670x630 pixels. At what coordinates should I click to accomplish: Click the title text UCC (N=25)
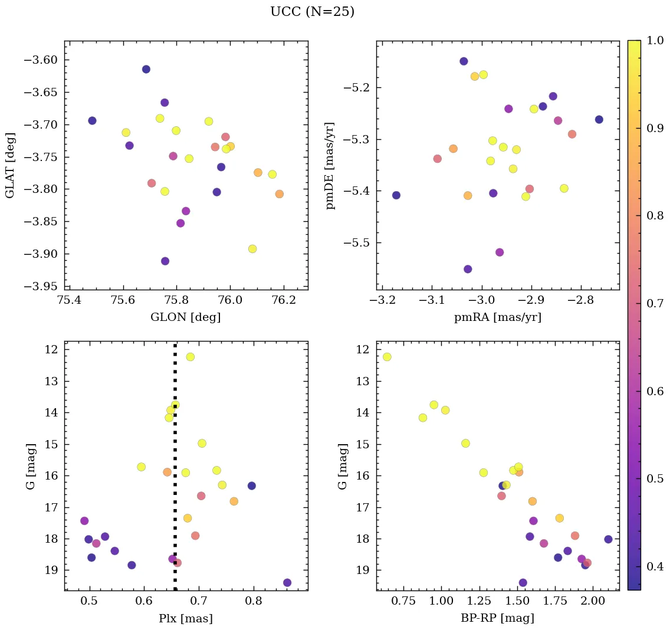(x=312, y=12)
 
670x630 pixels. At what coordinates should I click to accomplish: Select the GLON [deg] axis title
(x=186, y=317)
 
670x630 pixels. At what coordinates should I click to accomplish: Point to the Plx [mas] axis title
(x=186, y=618)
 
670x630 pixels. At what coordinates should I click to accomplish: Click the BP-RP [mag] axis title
(x=498, y=618)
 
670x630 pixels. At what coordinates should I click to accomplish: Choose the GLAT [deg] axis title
(x=10, y=165)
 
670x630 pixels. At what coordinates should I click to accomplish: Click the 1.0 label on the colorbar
(x=655, y=41)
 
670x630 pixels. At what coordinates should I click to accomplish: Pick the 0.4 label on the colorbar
(x=655, y=566)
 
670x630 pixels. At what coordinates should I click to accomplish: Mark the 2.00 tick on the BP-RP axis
(x=593, y=601)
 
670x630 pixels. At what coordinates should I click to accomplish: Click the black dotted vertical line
(x=175, y=460)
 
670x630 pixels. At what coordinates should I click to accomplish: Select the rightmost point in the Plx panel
(x=287, y=583)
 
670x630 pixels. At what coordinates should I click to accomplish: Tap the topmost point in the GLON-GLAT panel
(x=146, y=69)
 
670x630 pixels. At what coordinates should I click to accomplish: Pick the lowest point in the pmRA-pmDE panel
(x=468, y=269)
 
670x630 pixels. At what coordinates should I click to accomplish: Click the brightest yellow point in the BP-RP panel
(x=387, y=357)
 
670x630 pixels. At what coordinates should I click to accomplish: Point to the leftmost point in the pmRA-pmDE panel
(x=396, y=195)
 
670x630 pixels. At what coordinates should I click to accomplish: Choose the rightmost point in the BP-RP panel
(x=608, y=539)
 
